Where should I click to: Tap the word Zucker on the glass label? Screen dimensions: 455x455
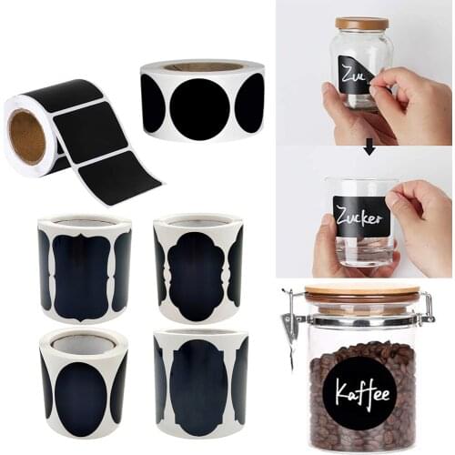(360, 217)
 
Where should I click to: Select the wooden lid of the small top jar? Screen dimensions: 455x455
(361, 24)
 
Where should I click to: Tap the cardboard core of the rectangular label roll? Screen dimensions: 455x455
(27, 136)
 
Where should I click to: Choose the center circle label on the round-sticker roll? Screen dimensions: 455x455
(200, 108)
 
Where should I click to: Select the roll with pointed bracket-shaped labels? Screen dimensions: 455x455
(84, 269)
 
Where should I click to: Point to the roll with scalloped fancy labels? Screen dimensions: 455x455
(197, 269)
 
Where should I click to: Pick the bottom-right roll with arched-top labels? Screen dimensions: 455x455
(200, 382)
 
